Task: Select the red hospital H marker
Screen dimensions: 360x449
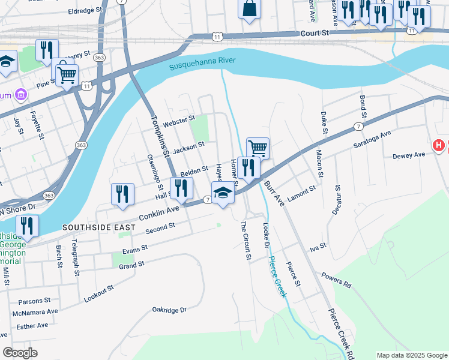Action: click(x=439, y=146)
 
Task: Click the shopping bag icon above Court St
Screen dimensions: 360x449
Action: click(x=249, y=9)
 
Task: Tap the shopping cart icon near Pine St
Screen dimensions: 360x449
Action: click(x=66, y=75)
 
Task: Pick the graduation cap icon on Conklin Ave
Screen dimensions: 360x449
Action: click(x=223, y=193)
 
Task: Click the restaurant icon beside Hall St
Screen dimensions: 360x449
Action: click(x=181, y=188)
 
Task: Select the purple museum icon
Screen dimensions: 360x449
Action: click(x=21, y=95)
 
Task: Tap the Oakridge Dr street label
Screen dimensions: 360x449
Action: click(x=169, y=310)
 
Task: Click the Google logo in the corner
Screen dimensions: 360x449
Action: click(x=20, y=352)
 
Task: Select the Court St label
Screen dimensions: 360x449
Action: click(x=316, y=34)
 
